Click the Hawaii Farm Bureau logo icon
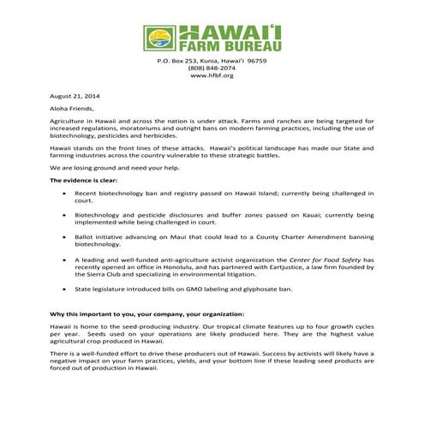coord(158,39)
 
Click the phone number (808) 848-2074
coord(212,69)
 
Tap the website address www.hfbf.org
coord(212,76)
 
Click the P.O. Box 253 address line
coord(212,61)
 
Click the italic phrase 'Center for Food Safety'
coord(314,258)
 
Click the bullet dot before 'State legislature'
coord(67,290)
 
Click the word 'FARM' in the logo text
coord(198,48)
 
